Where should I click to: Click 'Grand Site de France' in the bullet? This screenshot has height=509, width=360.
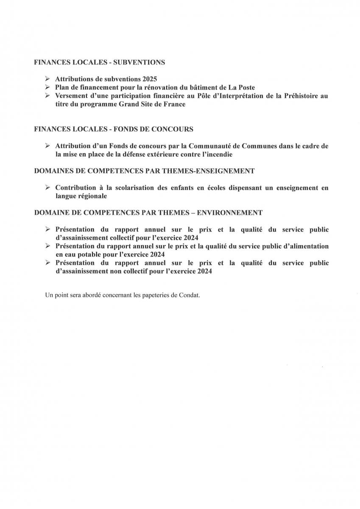click(154, 104)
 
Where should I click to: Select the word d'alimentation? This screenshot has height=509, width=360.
click(303, 246)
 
